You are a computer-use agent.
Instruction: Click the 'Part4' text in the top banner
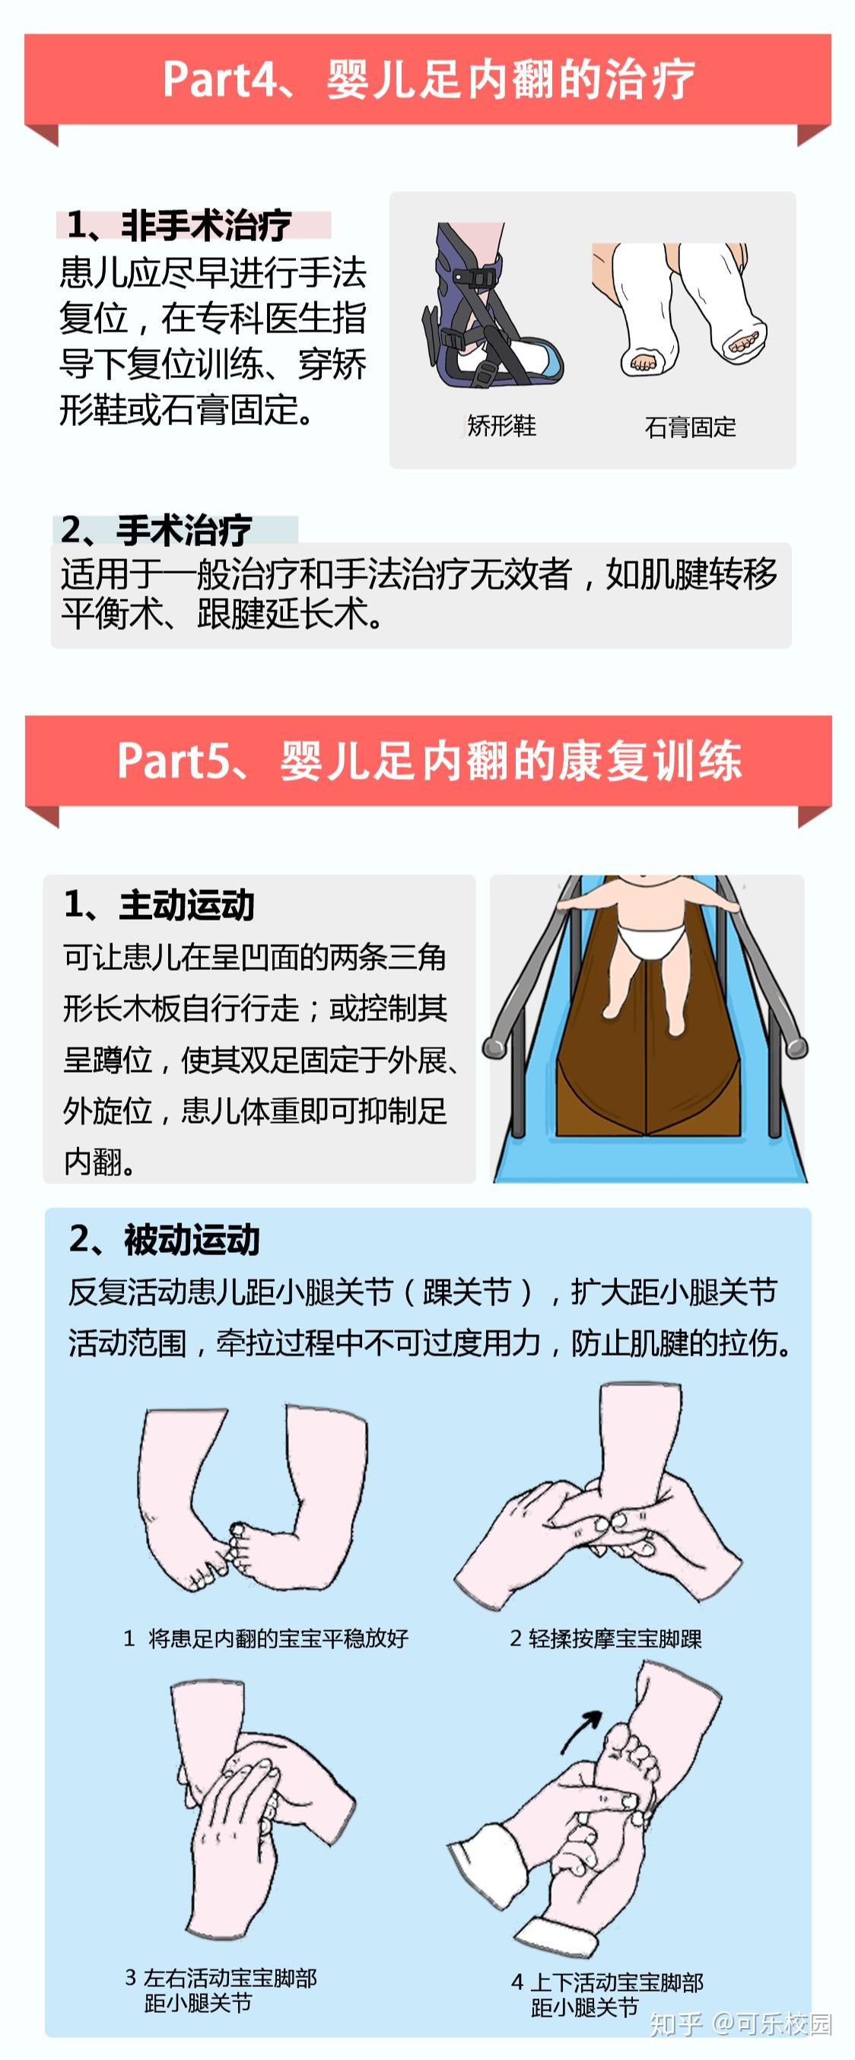tap(214, 79)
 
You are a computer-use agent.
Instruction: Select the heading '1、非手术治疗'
tap(178, 225)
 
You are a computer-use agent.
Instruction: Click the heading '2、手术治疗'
tap(157, 530)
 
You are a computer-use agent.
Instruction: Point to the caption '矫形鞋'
tap(501, 426)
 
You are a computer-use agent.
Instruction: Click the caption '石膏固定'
tap(689, 428)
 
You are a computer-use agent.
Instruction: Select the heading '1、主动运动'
tap(159, 905)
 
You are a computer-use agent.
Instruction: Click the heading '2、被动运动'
tap(165, 1239)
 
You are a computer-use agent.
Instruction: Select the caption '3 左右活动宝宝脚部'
tap(221, 1978)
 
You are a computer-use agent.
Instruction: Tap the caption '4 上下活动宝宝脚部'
tap(607, 1982)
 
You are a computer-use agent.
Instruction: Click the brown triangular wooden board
tap(648, 1072)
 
